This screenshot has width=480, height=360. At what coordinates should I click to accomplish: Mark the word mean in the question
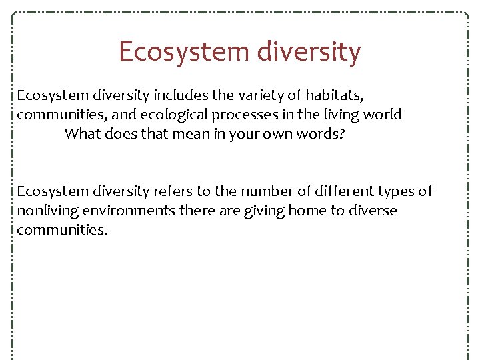[x=188, y=133]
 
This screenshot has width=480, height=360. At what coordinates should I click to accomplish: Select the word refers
[x=174, y=192]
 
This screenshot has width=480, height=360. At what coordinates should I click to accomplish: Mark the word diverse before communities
[x=373, y=211]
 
